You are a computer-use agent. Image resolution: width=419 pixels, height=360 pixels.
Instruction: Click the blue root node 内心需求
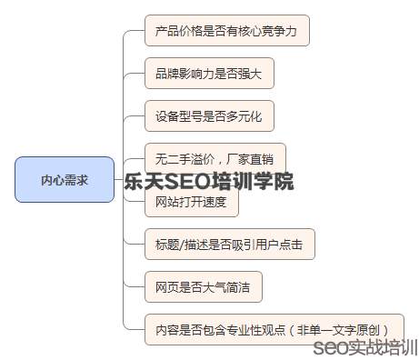[x=65, y=179]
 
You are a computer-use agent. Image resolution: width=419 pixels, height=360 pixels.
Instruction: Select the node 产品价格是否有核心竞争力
[x=226, y=31]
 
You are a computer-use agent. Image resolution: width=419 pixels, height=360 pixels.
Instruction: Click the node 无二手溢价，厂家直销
[x=214, y=157]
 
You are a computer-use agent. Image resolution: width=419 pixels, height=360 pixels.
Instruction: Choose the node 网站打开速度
[x=191, y=201]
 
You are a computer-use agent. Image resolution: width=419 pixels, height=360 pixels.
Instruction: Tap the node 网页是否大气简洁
[x=203, y=286]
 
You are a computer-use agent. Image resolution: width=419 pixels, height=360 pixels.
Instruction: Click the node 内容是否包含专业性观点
[x=273, y=329]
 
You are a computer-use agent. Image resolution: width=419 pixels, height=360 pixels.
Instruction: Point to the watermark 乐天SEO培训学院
[x=210, y=181]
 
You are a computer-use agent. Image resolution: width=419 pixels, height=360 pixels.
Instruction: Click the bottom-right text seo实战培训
[x=364, y=348]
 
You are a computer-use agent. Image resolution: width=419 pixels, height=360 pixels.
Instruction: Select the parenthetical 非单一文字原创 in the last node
[x=341, y=329]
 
